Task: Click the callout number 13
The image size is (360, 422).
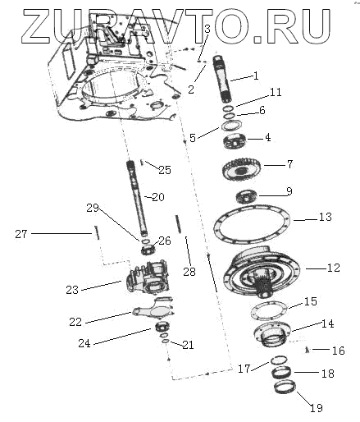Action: [x=326, y=217]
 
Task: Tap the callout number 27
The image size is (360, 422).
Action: [x=21, y=234]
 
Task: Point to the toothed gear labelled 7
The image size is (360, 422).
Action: [x=241, y=170]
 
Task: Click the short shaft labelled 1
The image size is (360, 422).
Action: [x=223, y=79]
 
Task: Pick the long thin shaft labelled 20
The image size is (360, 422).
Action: [x=136, y=199]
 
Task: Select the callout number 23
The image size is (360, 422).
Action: [x=72, y=290]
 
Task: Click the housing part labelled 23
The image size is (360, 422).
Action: [x=148, y=278]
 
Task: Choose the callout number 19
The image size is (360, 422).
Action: [x=317, y=408]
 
